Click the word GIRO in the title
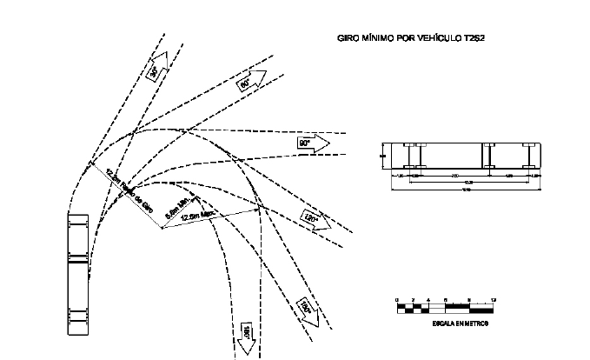pos(348,39)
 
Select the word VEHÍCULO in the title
pos(441,39)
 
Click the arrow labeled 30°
pos(156,73)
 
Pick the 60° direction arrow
pos(247,82)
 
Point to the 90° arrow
pos(311,142)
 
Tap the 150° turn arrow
pos(307,310)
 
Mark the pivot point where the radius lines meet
pos(162,230)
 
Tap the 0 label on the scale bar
pos(397,299)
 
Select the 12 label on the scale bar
pos(494,299)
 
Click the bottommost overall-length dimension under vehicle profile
pos(467,189)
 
